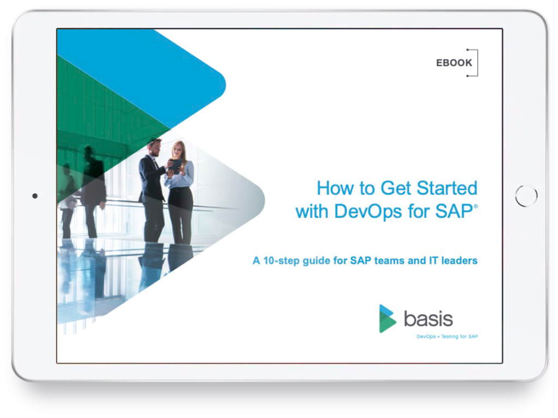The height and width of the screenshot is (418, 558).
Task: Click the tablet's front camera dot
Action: coord(35,196)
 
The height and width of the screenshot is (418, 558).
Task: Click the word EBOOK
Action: coord(454,63)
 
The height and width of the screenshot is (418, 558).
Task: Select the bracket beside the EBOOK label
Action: coord(477,63)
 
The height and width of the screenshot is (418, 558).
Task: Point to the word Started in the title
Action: coord(447,188)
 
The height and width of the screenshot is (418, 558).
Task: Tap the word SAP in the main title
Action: coord(454,211)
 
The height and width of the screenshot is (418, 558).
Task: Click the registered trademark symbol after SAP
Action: coord(476,206)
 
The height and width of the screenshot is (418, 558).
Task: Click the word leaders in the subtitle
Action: coord(459,261)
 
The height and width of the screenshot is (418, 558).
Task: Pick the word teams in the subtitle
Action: coord(389,261)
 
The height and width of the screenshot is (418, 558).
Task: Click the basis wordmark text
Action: coord(428,319)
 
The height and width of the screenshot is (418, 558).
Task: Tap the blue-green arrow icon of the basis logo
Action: coord(387,318)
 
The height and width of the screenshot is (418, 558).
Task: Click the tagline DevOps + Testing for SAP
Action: coord(447,336)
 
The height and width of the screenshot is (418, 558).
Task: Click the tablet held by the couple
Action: coord(175,166)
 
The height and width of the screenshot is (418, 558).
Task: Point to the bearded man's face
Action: coord(155,148)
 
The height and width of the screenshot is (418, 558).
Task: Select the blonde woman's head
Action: coord(178,149)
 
